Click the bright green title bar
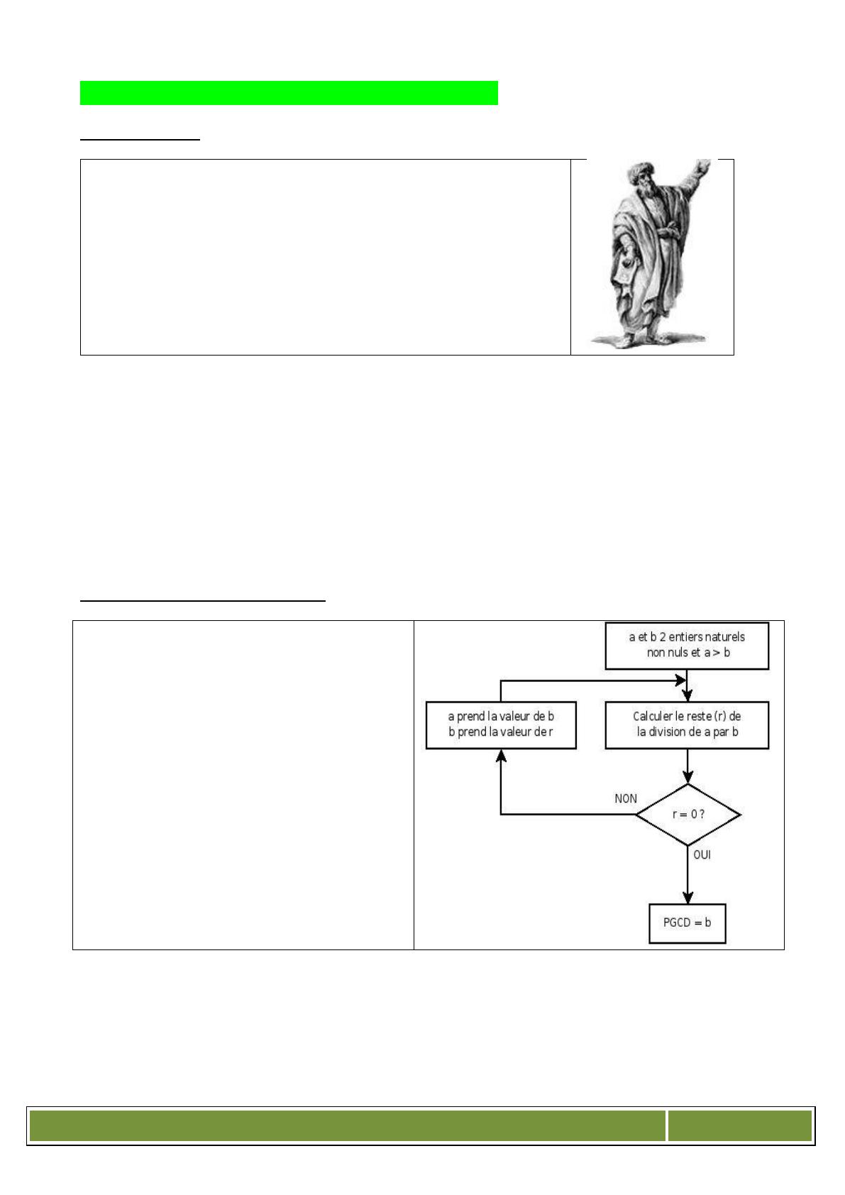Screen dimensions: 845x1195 (x=289, y=93)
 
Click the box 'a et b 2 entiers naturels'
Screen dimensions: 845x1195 (x=687, y=646)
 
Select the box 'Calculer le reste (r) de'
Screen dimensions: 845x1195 (x=687, y=725)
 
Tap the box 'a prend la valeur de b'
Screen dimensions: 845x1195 (x=501, y=725)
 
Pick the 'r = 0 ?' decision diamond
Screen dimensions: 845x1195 (x=687, y=815)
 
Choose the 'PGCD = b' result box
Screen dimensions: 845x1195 (x=687, y=923)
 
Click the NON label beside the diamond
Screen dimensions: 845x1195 (x=626, y=798)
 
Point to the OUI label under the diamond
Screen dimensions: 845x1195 (x=702, y=854)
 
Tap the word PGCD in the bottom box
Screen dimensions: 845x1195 (x=677, y=923)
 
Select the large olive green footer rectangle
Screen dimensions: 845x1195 (x=347, y=1125)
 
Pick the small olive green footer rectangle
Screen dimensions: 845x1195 (x=740, y=1125)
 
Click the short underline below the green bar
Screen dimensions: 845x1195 (x=140, y=139)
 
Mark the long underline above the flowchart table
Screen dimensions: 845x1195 (x=203, y=601)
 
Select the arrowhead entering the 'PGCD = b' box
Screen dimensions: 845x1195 (x=687, y=898)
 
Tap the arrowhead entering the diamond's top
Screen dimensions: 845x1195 (x=687, y=777)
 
